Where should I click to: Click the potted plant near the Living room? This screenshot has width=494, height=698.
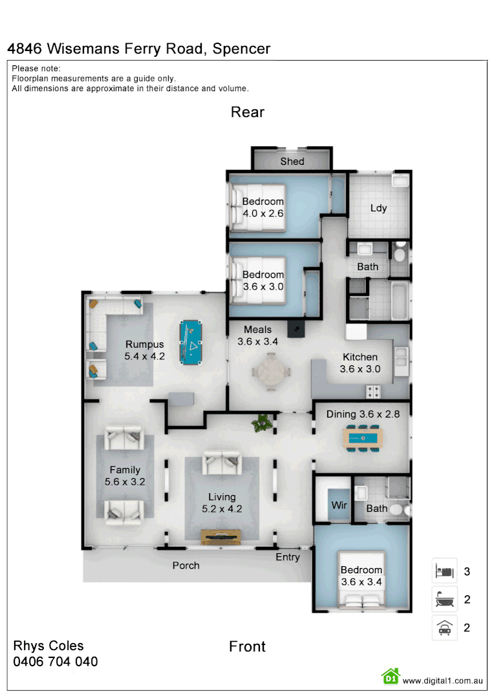click(262, 423)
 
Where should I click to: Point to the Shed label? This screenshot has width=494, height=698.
click(292, 161)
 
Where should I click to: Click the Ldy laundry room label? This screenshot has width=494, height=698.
click(378, 207)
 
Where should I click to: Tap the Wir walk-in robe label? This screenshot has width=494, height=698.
click(339, 504)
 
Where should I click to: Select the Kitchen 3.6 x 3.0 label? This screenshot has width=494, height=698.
click(360, 363)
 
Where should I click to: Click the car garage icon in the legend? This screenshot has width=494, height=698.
click(444, 628)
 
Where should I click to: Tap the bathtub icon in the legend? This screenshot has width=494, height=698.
click(444, 600)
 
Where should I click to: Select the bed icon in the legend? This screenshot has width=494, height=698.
click(444, 571)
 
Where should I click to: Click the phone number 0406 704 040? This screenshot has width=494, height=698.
click(56, 662)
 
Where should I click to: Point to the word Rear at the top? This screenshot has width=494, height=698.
click(248, 112)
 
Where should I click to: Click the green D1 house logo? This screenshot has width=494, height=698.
click(391, 676)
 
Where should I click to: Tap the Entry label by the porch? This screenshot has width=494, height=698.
click(288, 557)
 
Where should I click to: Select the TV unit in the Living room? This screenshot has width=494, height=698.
click(221, 536)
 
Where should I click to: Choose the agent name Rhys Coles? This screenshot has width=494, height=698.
click(48, 646)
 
